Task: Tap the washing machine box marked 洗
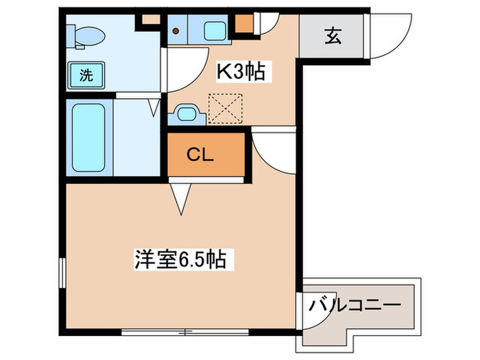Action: pos(86,75)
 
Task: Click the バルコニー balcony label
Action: pos(355,302)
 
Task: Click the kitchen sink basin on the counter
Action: pos(217,29)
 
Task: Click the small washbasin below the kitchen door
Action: pos(187,113)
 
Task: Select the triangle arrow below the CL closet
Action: pos(180,200)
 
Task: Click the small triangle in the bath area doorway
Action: pos(155,106)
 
